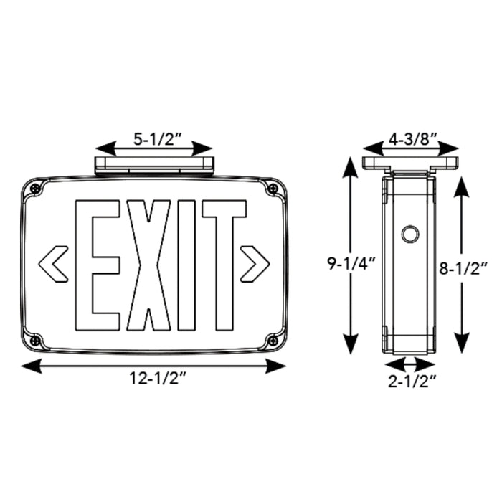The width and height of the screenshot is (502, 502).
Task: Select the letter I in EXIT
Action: tap(189, 262)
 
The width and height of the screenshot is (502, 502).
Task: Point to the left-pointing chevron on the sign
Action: tap(53, 262)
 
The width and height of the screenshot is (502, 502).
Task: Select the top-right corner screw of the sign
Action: tap(272, 189)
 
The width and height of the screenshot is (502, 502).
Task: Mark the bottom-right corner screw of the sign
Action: tap(272, 338)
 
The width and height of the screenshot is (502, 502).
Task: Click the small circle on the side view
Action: tap(410, 234)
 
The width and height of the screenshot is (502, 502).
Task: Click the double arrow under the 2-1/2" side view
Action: tap(411, 362)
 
